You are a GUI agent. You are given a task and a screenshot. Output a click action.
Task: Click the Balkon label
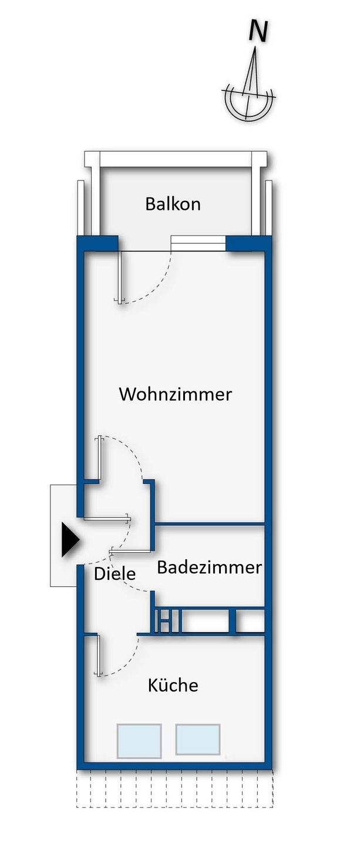point(173,204)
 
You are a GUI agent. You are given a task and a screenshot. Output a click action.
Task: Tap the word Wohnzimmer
point(175,394)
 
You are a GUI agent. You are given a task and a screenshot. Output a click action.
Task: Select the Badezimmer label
point(209,568)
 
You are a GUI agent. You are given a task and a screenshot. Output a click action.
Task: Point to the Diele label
point(115,573)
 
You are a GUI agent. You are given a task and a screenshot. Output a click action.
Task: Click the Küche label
point(173,685)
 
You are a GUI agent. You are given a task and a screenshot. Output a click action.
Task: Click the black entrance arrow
point(70,539)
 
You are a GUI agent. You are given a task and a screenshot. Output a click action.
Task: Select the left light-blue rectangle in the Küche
point(139,740)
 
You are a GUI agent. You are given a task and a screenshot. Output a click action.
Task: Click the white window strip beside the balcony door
point(198,243)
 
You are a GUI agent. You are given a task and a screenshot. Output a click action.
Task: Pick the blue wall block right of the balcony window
point(248,243)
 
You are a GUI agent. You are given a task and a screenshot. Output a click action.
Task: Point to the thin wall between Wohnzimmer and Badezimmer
point(209,523)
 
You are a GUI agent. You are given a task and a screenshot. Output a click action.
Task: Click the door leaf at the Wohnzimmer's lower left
point(100,458)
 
